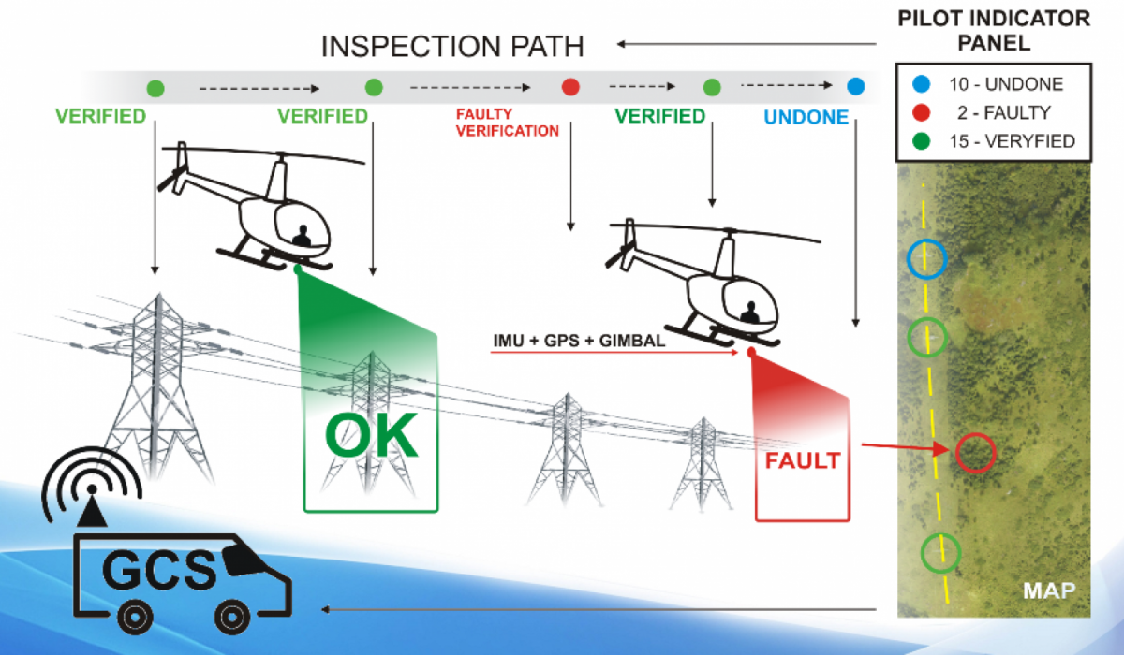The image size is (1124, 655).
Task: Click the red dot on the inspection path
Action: tap(569, 88)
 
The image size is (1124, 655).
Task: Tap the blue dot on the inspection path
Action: tap(855, 88)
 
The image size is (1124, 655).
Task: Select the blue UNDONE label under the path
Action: tap(806, 118)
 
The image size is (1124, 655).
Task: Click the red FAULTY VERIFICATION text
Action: tap(507, 123)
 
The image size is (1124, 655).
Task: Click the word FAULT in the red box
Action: tap(803, 461)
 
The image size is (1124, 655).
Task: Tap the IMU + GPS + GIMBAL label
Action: tap(579, 342)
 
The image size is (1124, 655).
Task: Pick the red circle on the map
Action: tap(975, 453)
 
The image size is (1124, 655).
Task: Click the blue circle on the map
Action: tap(927, 258)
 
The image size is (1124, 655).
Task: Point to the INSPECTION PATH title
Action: tap(451, 46)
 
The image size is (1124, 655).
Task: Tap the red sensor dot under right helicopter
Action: tap(751, 353)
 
